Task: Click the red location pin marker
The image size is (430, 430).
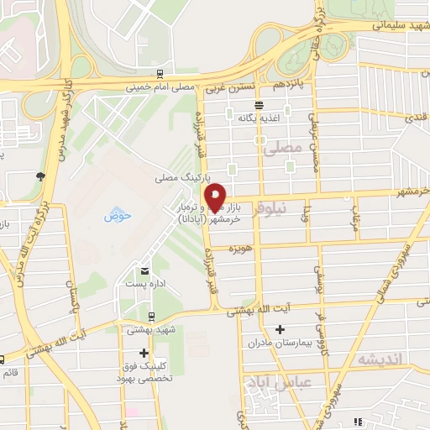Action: pos(215,197)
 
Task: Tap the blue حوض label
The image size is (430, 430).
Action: pos(118,216)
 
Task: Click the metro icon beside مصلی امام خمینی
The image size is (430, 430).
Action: pos(160,74)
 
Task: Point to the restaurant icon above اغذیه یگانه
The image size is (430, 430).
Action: pos(260,106)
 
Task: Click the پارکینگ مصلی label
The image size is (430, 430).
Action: pos(176,179)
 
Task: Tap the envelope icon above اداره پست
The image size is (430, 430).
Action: pos(145,270)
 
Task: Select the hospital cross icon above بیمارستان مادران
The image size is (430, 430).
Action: pos(280,329)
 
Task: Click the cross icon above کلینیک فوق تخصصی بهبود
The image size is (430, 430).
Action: pos(144,353)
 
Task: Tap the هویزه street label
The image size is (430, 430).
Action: pos(242,249)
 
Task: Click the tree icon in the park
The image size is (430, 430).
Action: pos(40,176)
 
